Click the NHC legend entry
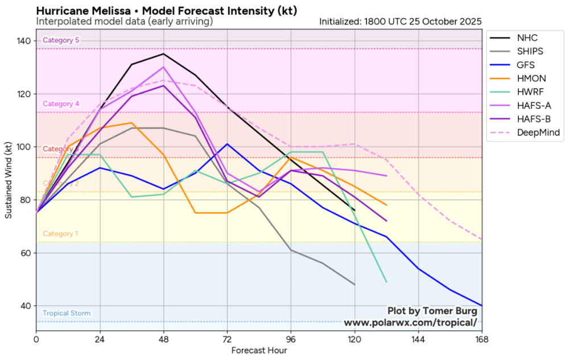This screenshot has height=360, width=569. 526,38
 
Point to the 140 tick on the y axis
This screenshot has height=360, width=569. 24,41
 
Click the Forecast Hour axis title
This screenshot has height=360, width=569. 259,350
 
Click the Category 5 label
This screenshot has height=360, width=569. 61,40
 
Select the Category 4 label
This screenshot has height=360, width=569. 61,104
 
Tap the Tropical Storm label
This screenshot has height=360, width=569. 67,313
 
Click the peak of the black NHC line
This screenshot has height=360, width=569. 164,54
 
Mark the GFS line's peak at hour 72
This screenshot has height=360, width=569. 228,144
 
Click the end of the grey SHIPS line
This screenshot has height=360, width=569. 354,284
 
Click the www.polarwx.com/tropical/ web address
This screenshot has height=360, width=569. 410,323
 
